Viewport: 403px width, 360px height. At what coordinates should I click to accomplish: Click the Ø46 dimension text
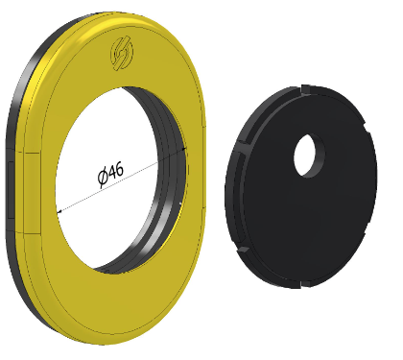110,175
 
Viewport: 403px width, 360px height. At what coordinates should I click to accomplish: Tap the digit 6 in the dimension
119,170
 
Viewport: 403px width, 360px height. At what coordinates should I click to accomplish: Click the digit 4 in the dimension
111,174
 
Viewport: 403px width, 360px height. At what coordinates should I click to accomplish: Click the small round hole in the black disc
309,156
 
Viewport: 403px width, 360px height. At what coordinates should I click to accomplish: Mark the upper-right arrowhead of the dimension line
183,149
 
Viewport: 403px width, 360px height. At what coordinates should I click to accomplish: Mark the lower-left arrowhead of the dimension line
59,211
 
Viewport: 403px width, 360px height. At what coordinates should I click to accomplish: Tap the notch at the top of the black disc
306,89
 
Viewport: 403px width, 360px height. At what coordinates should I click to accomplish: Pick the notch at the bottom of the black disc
305,283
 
